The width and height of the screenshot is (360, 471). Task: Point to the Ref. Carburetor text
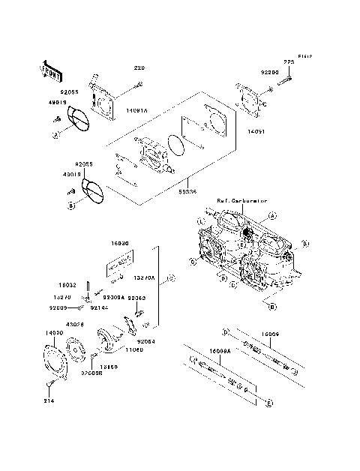click(241, 201)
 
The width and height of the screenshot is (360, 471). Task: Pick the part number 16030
click(121, 244)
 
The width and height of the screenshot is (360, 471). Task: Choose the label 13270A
click(143, 276)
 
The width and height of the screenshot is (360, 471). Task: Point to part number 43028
click(75, 324)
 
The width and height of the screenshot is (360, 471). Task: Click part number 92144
click(98, 307)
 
